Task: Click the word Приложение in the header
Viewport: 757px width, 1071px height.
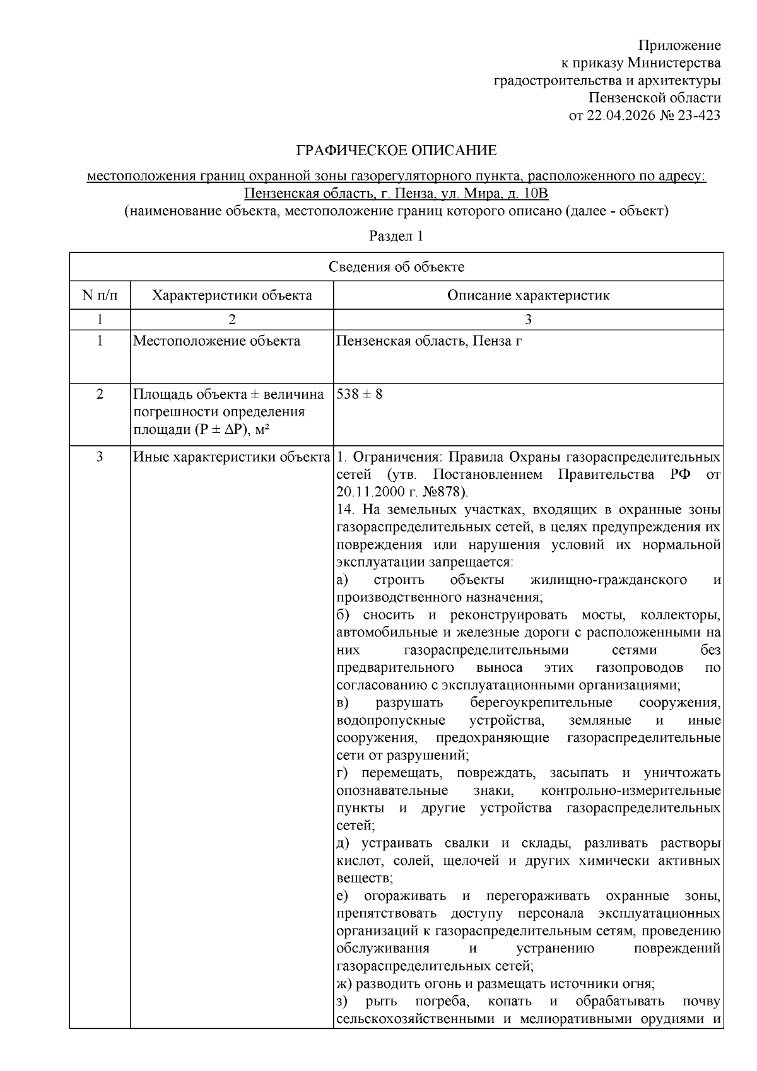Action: click(679, 45)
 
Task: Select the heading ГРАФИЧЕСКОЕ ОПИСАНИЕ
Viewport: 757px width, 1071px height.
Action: click(396, 151)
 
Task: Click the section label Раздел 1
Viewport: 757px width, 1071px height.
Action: click(396, 237)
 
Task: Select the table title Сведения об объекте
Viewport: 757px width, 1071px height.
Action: click(396, 267)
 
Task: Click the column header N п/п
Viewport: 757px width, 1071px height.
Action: click(100, 295)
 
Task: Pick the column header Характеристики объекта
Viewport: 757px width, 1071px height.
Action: click(232, 295)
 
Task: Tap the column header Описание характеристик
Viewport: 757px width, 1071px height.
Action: click(528, 295)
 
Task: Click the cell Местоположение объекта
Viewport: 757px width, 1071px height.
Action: click(216, 341)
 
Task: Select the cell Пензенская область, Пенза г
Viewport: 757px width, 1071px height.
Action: click(429, 341)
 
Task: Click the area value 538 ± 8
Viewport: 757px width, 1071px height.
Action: click(360, 394)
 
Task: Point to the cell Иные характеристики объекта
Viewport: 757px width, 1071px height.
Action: click(232, 457)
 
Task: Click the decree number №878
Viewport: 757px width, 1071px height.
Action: click(442, 491)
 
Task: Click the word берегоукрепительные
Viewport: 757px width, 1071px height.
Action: click(541, 703)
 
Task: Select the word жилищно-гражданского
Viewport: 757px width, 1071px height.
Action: click(608, 580)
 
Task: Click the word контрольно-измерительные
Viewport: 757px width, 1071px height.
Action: click(631, 790)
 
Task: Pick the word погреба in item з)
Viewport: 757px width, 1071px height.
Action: click(442, 1002)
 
